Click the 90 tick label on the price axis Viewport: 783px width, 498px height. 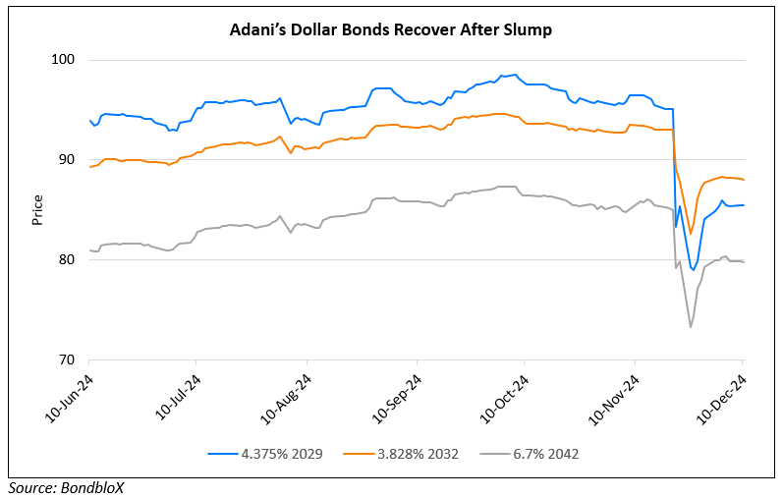click(x=69, y=160)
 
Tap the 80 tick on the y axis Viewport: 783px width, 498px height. click(x=69, y=260)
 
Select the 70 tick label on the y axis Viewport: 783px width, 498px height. click(x=69, y=360)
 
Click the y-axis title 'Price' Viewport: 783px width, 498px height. click(x=38, y=210)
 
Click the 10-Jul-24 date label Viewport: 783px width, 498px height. click(x=178, y=396)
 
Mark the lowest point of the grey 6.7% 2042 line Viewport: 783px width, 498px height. click(x=691, y=327)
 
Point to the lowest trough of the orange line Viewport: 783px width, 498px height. click(x=691, y=234)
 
